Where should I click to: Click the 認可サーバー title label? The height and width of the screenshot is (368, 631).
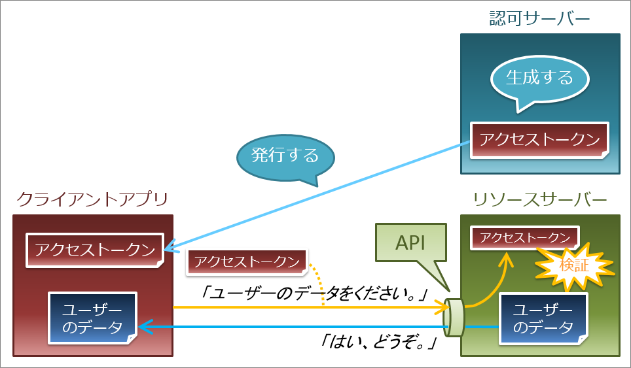[x=539, y=19]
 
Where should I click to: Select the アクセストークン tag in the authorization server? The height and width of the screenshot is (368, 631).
[x=539, y=139]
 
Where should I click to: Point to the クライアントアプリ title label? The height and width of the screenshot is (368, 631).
[x=92, y=199]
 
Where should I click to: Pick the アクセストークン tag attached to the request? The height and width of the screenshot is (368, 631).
[x=247, y=262]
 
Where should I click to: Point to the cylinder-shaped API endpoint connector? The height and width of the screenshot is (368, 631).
[x=454, y=316]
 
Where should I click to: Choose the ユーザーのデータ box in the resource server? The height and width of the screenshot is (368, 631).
[x=543, y=318]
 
